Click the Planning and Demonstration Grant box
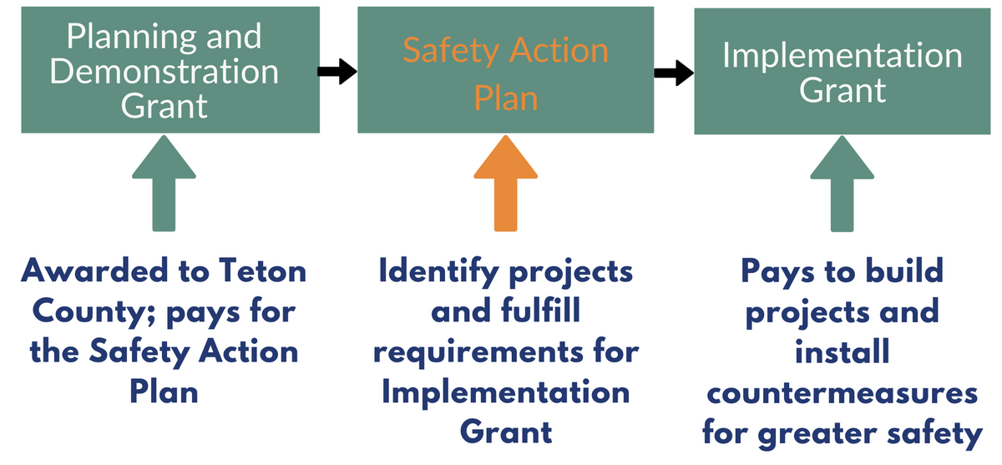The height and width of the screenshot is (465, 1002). (170, 70)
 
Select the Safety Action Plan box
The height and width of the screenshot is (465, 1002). (506, 70)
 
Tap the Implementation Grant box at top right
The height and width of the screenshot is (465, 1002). (843, 70)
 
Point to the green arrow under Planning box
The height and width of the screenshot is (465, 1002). (164, 184)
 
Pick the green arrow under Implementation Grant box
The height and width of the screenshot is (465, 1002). (843, 184)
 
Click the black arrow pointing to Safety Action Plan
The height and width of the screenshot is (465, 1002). (337, 73)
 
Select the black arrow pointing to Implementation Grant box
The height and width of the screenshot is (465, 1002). (673, 73)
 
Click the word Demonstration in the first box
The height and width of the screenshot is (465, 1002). (164, 71)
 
